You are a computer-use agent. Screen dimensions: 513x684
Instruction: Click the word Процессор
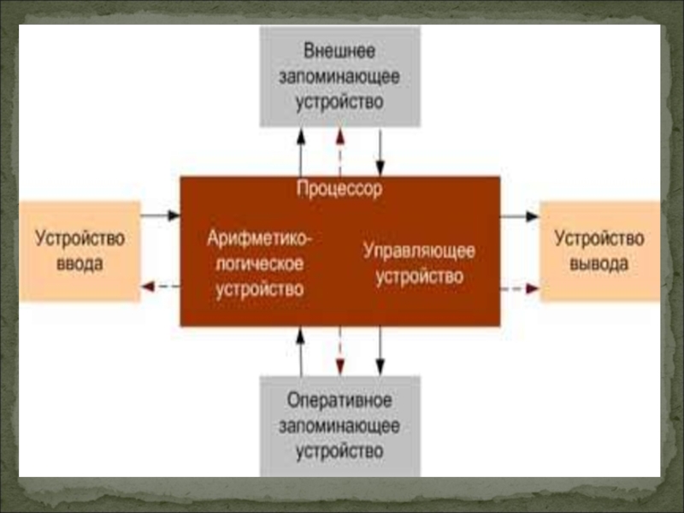[339, 189]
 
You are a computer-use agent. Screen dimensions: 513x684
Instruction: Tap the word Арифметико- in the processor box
[260, 238]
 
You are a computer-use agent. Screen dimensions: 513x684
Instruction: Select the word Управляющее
[419, 251]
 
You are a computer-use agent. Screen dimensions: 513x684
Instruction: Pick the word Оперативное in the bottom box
[339, 399]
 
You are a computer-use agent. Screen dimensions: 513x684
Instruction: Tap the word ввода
[80, 263]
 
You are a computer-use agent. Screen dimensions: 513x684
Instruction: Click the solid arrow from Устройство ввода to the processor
[160, 215]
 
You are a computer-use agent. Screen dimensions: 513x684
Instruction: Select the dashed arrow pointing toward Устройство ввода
[160, 287]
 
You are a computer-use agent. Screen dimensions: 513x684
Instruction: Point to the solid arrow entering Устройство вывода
[520, 216]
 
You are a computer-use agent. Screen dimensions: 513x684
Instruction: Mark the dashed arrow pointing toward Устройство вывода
[520, 288]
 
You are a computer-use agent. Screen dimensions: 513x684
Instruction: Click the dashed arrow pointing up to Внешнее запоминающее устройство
[339, 151]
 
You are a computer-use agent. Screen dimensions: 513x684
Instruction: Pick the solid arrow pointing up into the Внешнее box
[300, 151]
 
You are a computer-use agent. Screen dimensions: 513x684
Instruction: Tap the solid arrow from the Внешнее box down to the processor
[380, 151]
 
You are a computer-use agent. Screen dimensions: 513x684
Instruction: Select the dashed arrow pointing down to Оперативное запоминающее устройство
[339, 351]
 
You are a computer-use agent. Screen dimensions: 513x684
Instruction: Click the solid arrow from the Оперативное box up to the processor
[300, 351]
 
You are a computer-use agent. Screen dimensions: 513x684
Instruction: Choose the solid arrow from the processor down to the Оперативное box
[380, 351]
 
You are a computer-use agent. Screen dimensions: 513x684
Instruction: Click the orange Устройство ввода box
[80, 251]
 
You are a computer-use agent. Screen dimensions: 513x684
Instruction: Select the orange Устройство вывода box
[599, 251]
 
